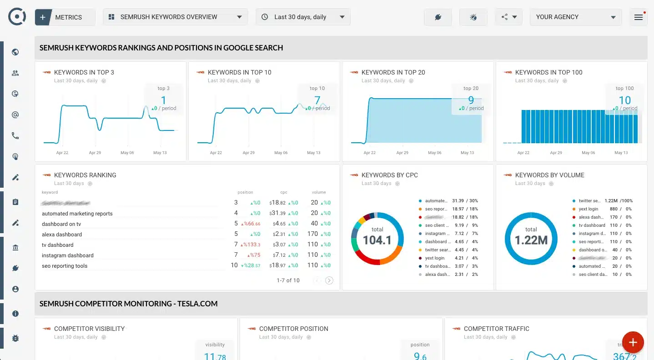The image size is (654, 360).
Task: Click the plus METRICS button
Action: pos(65,17)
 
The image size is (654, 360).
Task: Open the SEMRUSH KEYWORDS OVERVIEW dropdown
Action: pos(176,17)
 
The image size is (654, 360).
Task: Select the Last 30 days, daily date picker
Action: pos(303,17)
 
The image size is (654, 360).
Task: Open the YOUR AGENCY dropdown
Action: pos(575,17)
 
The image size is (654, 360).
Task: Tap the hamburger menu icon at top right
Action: pos(638,17)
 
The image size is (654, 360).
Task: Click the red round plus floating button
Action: pos(633,343)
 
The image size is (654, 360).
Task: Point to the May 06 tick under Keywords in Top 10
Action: pos(281,153)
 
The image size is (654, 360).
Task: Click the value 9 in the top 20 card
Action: pos(471,100)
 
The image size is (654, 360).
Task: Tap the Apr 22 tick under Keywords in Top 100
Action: pos(523,153)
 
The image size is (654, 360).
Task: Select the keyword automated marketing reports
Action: pos(77,214)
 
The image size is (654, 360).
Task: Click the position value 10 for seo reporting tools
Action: pos(234,265)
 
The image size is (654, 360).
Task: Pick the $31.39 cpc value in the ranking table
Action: pos(277,214)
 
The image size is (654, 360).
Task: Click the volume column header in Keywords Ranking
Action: pos(318,192)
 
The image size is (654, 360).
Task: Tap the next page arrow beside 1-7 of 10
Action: pos(329,280)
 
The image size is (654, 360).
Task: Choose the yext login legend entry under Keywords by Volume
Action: pos(589,209)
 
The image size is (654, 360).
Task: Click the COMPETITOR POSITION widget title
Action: pos(293,329)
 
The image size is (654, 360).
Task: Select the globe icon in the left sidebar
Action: pos(15,52)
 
